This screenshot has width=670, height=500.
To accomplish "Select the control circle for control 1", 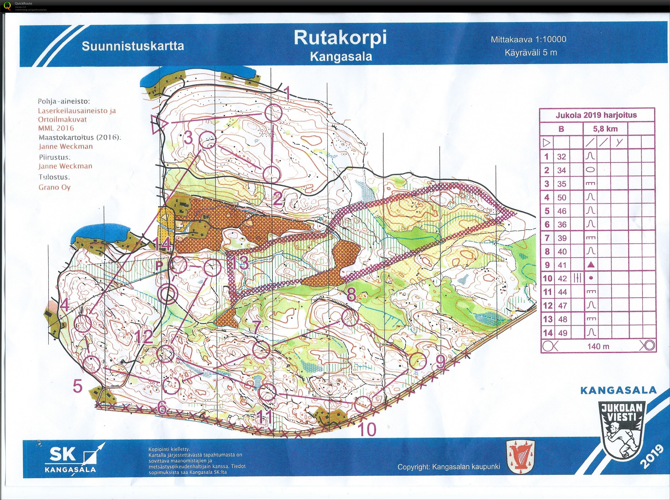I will [273, 113].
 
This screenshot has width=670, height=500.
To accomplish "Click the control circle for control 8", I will [350, 318].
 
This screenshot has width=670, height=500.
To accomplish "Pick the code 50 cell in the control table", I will [562, 198].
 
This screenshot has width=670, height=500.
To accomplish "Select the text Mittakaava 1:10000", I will [528, 39].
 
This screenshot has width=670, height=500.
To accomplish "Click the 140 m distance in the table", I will [598, 346].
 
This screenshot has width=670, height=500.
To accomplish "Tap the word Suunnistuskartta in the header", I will [133, 46].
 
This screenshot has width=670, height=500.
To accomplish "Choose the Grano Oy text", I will [54, 187].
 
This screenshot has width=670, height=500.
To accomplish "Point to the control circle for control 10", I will [363, 404].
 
